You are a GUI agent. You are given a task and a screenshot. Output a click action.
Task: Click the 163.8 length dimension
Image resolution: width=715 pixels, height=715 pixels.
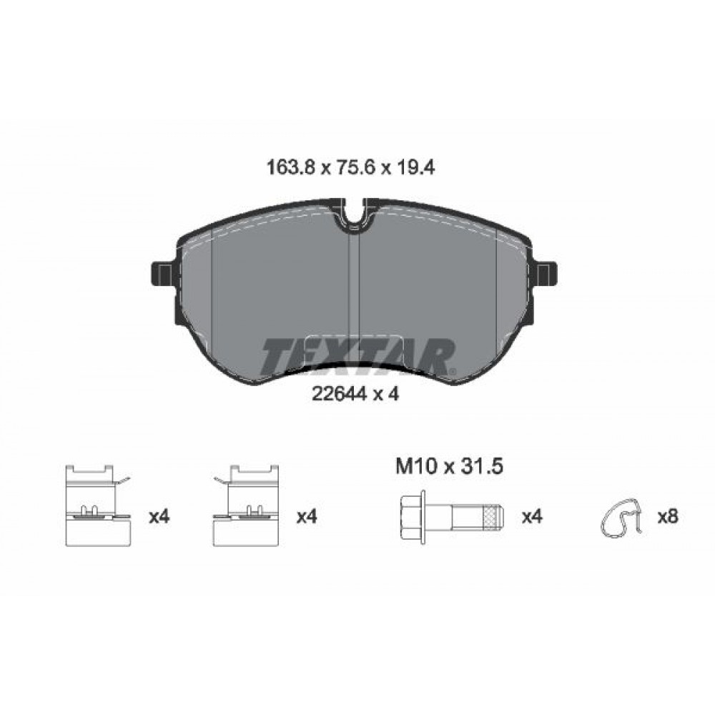pos(290,168)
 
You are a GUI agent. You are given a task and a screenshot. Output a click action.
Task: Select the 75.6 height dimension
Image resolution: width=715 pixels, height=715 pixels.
pos(355,168)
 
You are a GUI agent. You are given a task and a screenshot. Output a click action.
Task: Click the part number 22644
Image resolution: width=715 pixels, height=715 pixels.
pos(339,393)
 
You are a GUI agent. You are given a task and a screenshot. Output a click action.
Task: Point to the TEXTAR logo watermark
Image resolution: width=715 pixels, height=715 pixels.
pos(358,355)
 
